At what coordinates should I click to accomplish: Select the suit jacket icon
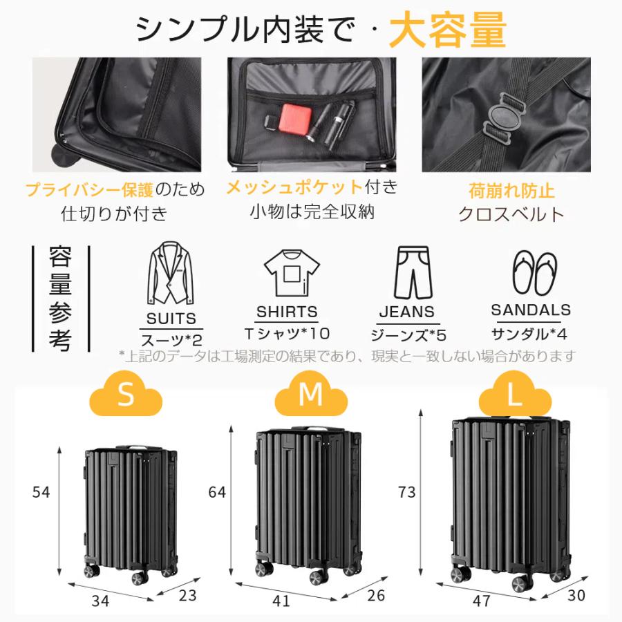click(171, 273)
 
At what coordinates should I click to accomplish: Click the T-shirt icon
click(292, 273)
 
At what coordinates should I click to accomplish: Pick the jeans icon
click(413, 272)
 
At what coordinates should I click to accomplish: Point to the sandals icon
click(535, 272)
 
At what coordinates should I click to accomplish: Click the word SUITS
click(171, 319)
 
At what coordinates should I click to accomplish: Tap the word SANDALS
click(530, 310)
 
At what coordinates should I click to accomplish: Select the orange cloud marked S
click(126, 394)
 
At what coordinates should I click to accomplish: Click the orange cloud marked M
click(311, 394)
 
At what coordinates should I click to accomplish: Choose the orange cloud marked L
click(515, 394)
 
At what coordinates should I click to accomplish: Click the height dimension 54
click(41, 492)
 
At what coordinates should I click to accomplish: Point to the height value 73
click(406, 492)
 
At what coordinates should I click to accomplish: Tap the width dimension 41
click(281, 601)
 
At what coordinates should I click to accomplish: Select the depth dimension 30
click(576, 596)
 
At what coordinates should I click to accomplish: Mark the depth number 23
click(187, 596)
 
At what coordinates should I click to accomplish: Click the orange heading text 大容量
click(448, 30)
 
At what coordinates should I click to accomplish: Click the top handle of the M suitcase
click(317, 429)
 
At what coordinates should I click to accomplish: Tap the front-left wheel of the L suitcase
click(461, 574)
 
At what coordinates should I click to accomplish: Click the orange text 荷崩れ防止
click(511, 191)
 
